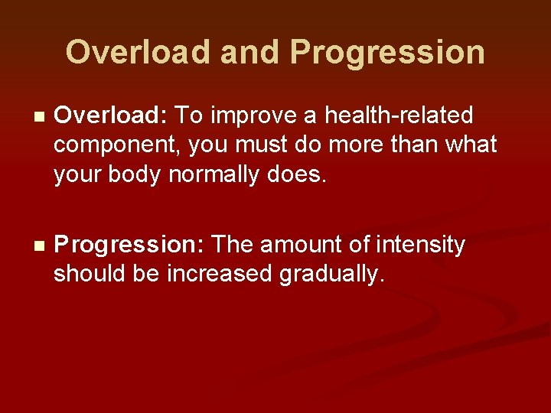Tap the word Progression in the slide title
[x=387, y=52]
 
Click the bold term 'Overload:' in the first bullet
[x=112, y=115]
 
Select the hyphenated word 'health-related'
[x=399, y=115]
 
